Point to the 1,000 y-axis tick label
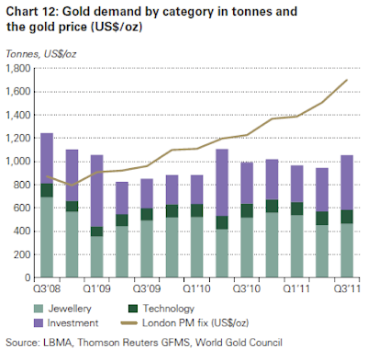(19, 163)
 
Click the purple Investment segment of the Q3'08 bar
(46, 158)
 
